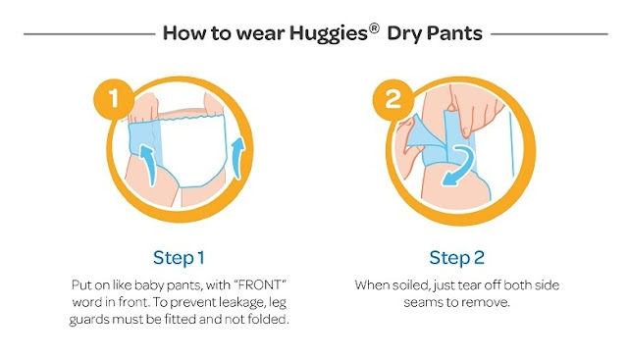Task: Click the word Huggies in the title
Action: [x=329, y=33]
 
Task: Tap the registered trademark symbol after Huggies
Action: [x=374, y=28]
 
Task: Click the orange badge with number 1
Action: [x=114, y=99]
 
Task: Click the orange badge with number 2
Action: [x=392, y=99]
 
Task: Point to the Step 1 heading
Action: [x=179, y=258]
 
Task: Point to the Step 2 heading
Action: [x=457, y=258]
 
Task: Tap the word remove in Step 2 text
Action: [x=490, y=303]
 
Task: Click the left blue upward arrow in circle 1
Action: [x=148, y=165]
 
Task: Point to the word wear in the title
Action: [x=260, y=34]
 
